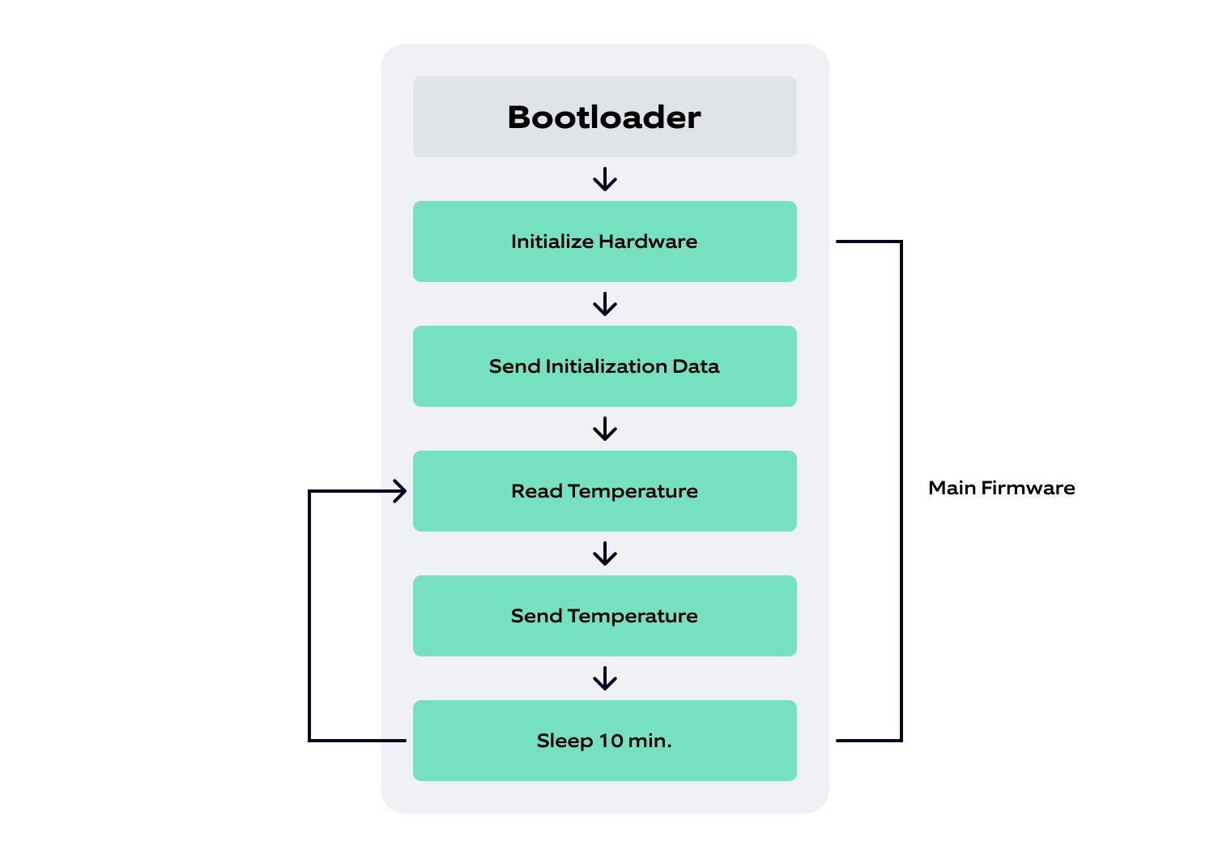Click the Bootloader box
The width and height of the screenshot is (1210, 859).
pyautogui.click(x=604, y=117)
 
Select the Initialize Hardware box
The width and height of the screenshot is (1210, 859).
pyautogui.click(x=604, y=241)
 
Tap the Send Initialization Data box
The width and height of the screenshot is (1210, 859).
pyautogui.click(x=604, y=366)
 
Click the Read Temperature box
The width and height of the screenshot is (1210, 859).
pyautogui.click(x=604, y=491)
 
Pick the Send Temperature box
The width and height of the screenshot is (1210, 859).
pyautogui.click(x=604, y=616)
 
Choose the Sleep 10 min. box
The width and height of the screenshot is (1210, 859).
pyautogui.click(x=604, y=741)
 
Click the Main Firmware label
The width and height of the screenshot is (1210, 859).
pyautogui.click(x=1001, y=488)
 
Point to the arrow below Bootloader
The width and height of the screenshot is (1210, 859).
pyautogui.click(x=605, y=179)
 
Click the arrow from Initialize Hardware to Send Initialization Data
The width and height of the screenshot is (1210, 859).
pyautogui.click(x=605, y=304)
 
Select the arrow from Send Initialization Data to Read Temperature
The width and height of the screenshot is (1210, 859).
pyautogui.click(x=605, y=429)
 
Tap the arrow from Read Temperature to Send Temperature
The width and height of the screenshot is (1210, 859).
pyautogui.click(x=605, y=554)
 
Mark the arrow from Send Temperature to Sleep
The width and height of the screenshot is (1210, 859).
pyautogui.click(x=605, y=678)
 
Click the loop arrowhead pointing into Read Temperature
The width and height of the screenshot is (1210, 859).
pyautogui.click(x=399, y=491)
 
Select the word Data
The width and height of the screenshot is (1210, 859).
pyautogui.click(x=696, y=366)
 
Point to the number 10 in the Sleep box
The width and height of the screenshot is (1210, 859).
pyautogui.click(x=611, y=741)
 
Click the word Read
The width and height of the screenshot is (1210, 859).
pyautogui.click(x=536, y=491)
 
